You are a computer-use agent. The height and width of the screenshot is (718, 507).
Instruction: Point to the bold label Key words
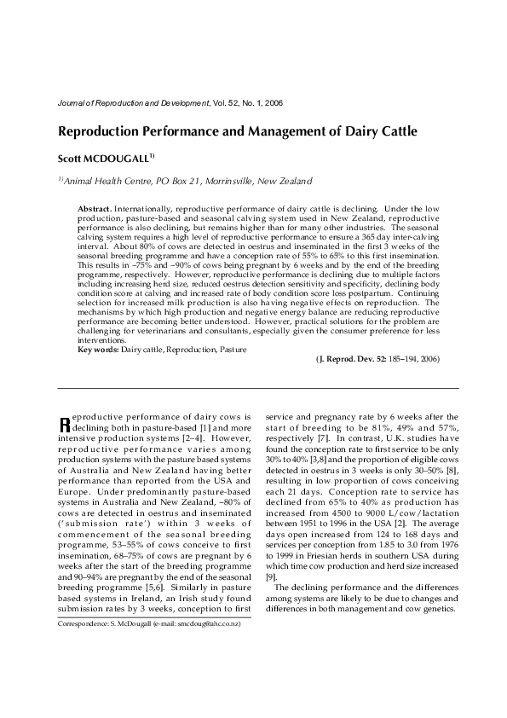pos(97,350)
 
